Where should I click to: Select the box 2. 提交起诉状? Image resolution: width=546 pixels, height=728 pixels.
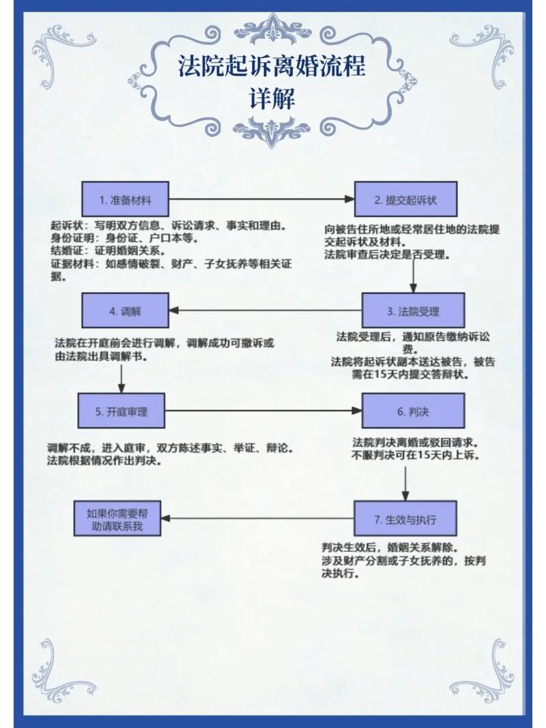(405, 200)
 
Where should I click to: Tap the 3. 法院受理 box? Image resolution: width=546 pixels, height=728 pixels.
(413, 311)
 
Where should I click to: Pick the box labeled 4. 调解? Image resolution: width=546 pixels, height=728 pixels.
(126, 310)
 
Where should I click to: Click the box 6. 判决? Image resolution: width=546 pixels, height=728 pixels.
(413, 411)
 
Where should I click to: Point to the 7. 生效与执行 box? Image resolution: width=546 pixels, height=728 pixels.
(405, 519)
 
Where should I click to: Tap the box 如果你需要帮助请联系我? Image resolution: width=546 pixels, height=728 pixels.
(116, 519)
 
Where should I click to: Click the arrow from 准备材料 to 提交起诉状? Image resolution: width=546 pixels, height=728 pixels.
(262, 200)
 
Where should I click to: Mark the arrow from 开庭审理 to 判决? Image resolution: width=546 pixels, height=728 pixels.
(263, 411)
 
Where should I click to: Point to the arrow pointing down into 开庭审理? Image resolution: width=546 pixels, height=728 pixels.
(122, 378)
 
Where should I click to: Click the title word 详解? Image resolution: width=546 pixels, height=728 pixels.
(273, 100)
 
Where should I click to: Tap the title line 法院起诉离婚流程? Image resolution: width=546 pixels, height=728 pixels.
(272, 67)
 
